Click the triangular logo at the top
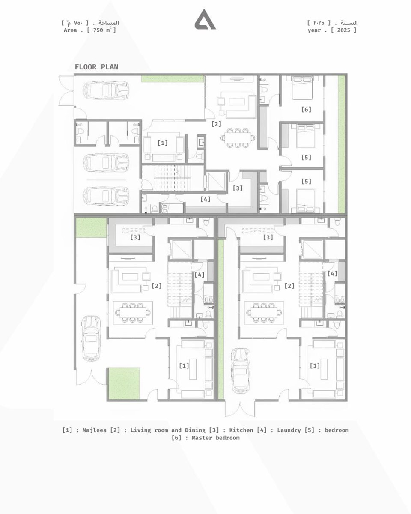tap(205, 20)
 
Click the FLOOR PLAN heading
tap(96, 67)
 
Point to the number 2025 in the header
tap(344, 30)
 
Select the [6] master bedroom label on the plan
tap(306, 109)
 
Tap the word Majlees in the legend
tap(94, 430)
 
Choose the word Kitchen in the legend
tap(241, 430)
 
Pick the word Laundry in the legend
tap(289, 430)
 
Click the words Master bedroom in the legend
tap(215, 438)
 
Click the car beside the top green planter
tap(106, 90)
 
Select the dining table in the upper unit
tap(238, 138)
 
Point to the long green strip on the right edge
tap(342, 144)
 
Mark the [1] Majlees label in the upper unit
tap(163, 143)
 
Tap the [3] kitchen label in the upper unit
tap(238, 188)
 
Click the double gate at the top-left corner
tap(66, 91)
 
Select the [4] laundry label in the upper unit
tap(205, 199)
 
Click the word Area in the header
tap(70, 30)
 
